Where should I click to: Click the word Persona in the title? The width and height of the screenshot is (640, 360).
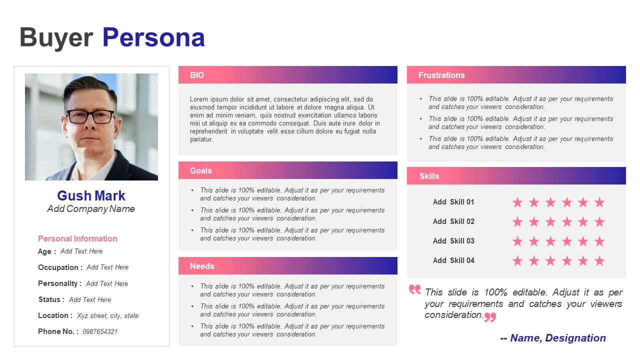(x=153, y=37)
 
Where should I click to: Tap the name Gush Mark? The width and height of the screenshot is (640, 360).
(x=91, y=195)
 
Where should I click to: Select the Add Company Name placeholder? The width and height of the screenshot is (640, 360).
(x=91, y=209)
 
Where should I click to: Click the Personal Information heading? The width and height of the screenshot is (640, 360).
(x=77, y=238)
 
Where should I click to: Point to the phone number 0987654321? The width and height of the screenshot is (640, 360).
(x=100, y=331)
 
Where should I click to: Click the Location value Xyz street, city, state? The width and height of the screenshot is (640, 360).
(x=107, y=315)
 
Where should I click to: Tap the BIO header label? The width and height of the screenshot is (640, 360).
(x=197, y=75)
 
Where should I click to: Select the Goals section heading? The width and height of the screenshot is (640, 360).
(x=201, y=170)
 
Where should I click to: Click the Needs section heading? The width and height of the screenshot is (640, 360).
(x=202, y=266)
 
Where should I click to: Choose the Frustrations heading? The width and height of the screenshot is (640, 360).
(x=441, y=75)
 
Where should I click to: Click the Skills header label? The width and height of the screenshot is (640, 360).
(x=429, y=176)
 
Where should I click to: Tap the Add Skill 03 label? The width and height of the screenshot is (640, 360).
(x=453, y=241)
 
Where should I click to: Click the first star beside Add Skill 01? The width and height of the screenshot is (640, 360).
(x=517, y=202)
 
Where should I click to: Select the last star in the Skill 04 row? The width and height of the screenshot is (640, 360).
(x=599, y=260)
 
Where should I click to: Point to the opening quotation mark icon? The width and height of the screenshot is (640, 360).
(x=415, y=289)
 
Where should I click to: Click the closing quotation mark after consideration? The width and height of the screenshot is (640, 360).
(x=490, y=317)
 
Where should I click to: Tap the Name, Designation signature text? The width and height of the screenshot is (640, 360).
(x=553, y=338)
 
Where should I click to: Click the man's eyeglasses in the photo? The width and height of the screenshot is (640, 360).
(x=91, y=116)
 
